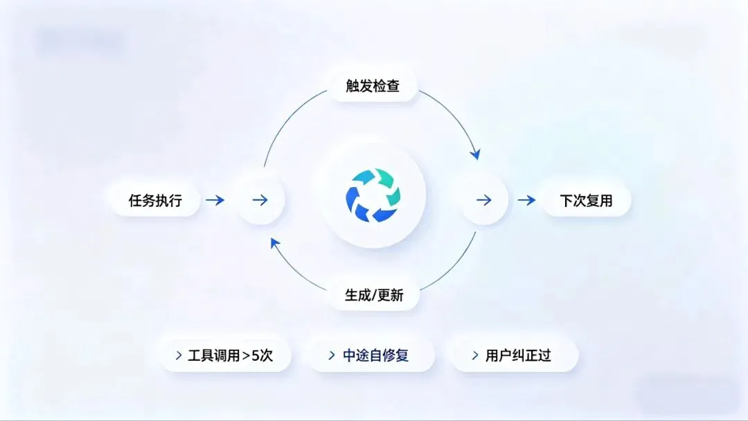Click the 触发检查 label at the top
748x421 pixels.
click(x=373, y=86)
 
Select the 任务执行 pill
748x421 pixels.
click(x=155, y=201)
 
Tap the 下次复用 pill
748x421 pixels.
click(x=586, y=201)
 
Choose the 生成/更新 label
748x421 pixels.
click(x=374, y=295)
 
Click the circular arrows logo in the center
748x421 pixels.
click(x=373, y=196)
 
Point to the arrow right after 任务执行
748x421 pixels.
click(x=215, y=201)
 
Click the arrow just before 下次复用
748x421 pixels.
click(x=526, y=201)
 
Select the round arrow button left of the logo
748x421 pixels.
click(x=260, y=200)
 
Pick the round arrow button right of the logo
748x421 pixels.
click(x=484, y=200)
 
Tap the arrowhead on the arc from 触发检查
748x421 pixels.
click(x=474, y=154)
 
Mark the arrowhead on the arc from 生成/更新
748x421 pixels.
click(x=275, y=242)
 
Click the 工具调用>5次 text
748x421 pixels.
click(x=231, y=356)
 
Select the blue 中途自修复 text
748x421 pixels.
click(x=376, y=356)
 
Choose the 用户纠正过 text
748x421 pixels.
click(x=518, y=356)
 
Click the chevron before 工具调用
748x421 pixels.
click(x=179, y=356)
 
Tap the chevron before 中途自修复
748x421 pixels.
click(x=332, y=356)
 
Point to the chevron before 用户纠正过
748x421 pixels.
click(x=475, y=356)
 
